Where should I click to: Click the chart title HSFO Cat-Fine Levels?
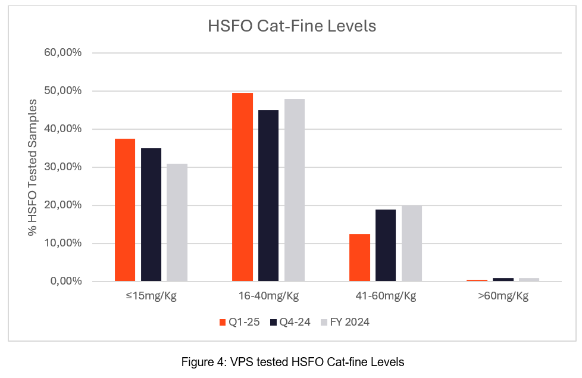[292, 27]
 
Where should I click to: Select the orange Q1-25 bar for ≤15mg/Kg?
[125, 210]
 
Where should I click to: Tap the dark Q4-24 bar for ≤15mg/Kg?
[151, 214]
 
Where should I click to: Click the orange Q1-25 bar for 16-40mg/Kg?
[242, 187]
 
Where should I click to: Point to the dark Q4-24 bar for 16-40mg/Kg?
[268, 195]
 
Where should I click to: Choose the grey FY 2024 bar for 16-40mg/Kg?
[295, 190]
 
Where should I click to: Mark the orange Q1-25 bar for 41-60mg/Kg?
[359, 257]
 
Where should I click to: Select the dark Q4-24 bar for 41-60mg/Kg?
[386, 245]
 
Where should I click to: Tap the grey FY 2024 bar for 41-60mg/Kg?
[412, 243]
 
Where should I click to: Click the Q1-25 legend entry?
[238, 322]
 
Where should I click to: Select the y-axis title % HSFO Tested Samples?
[33, 167]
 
